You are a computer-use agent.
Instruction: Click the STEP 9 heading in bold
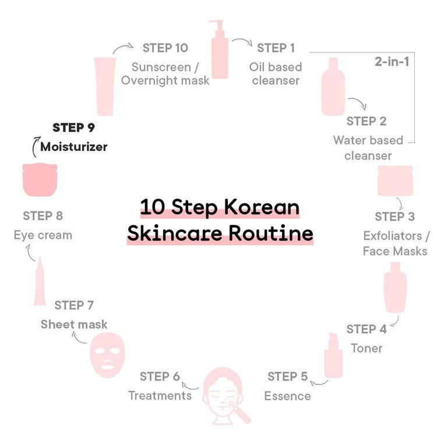click(73, 128)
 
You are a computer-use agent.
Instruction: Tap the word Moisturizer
click(74, 147)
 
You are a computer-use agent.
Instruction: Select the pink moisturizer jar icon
click(40, 180)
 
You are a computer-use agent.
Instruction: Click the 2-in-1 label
click(392, 61)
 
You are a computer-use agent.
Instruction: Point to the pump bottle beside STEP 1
click(220, 50)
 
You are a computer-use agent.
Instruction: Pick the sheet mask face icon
click(107, 355)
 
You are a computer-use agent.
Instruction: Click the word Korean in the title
click(262, 207)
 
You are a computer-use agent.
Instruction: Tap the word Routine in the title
click(271, 233)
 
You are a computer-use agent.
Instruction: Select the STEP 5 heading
click(288, 376)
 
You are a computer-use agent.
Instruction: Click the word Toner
click(366, 348)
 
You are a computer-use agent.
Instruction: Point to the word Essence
click(288, 396)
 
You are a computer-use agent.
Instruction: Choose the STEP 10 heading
click(165, 48)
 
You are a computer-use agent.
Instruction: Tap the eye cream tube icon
click(40, 281)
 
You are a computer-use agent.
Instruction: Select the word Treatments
click(160, 396)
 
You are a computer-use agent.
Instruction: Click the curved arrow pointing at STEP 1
click(242, 41)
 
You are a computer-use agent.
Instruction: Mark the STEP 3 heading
click(394, 217)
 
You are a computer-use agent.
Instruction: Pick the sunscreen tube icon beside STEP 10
click(105, 86)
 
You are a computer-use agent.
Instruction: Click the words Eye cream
click(43, 235)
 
